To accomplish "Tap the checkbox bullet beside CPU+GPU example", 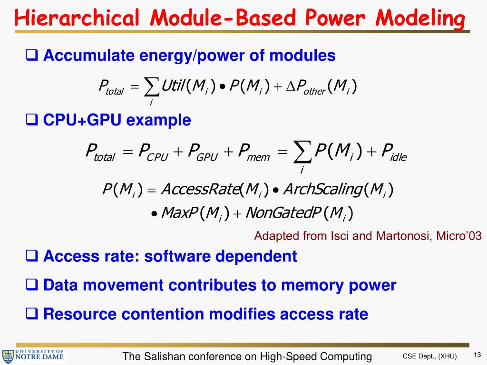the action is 32,120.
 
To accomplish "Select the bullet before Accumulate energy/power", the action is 32,56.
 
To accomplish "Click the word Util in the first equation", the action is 172,86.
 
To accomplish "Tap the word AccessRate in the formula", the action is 200,190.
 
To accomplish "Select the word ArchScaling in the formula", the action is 322,190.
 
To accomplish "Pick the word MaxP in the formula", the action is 179,212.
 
